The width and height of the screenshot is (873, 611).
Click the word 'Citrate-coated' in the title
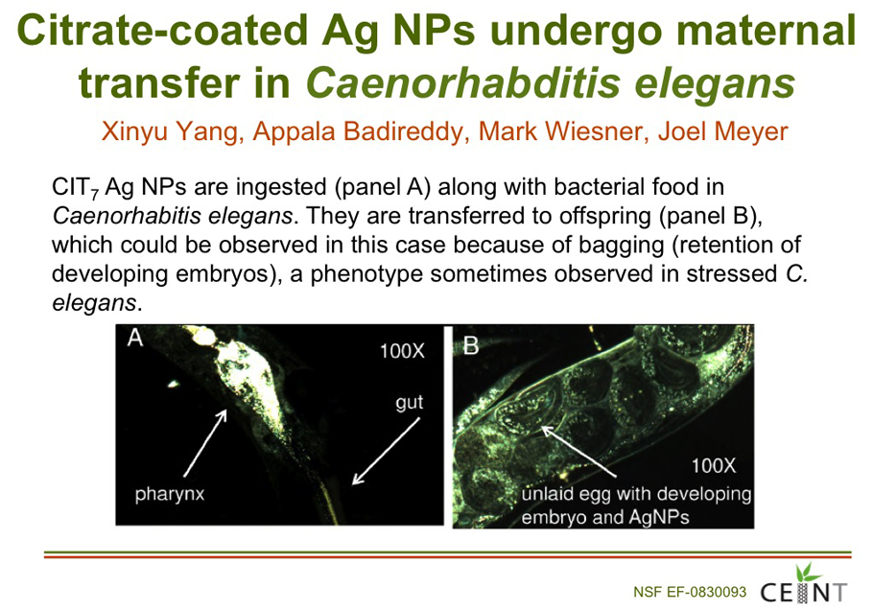tap(162, 30)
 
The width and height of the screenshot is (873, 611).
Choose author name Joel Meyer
tap(723, 132)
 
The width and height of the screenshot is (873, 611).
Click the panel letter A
tap(134, 338)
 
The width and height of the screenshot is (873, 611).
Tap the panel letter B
tap(471, 346)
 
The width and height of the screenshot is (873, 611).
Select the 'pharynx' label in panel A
tap(170, 494)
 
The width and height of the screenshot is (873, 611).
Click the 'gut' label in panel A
tap(410, 402)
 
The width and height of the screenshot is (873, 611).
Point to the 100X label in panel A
tap(402, 352)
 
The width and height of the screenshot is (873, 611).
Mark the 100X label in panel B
tap(713, 466)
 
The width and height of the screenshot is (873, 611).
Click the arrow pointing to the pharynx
tap(205, 443)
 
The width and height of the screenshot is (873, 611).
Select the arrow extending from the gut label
tap(387, 451)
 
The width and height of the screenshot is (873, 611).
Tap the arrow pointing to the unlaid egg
tap(578, 451)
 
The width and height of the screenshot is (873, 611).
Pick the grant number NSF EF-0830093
tap(690, 592)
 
